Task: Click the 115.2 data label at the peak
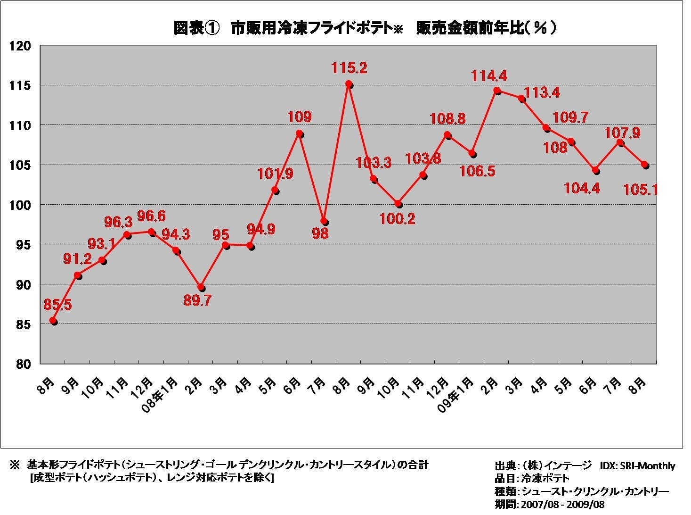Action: coord(349,68)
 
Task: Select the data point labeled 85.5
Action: coord(53,321)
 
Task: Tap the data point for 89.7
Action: coord(201,287)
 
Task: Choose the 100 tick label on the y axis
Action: coord(22,205)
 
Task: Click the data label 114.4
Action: coord(489,76)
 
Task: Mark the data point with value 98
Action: coord(324,221)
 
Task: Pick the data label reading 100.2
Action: coord(398,219)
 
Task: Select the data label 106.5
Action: coord(478,171)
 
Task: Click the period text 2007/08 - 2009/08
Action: coord(562,504)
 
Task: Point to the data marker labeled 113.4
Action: coord(521,99)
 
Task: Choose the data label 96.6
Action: coord(152,216)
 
